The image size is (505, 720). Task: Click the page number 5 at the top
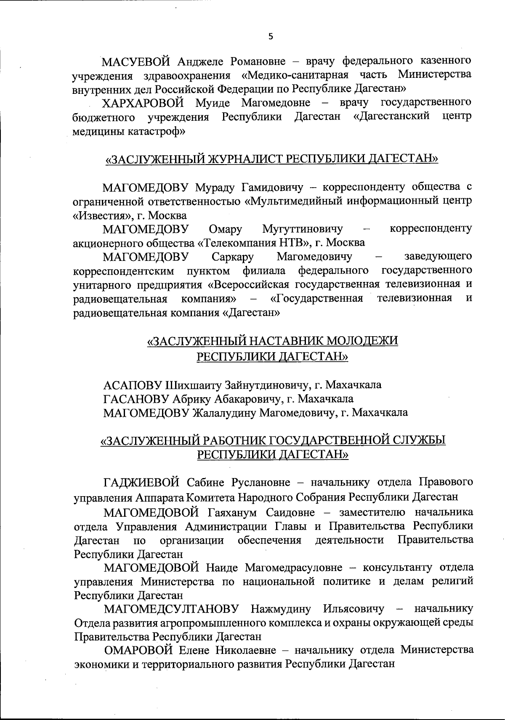pos(271,37)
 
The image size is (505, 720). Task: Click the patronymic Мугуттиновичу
pos(302,229)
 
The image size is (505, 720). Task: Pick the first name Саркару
pos(233,256)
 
